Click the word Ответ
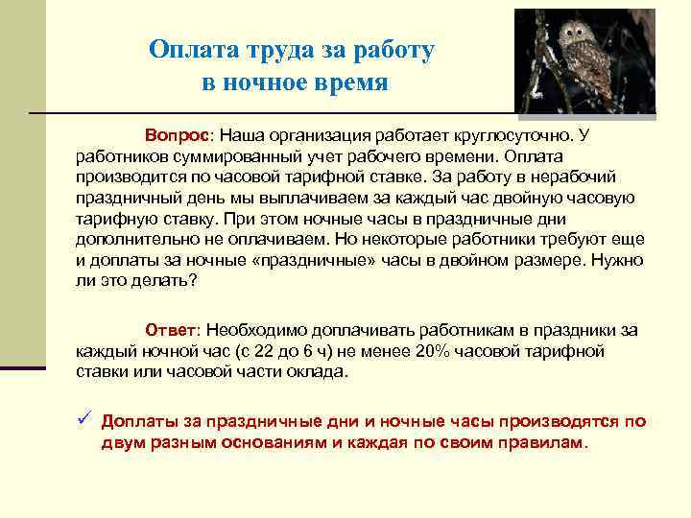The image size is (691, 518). (x=172, y=330)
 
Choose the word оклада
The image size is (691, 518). (x=323, y=372)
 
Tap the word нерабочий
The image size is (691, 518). (x=550, y=177)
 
